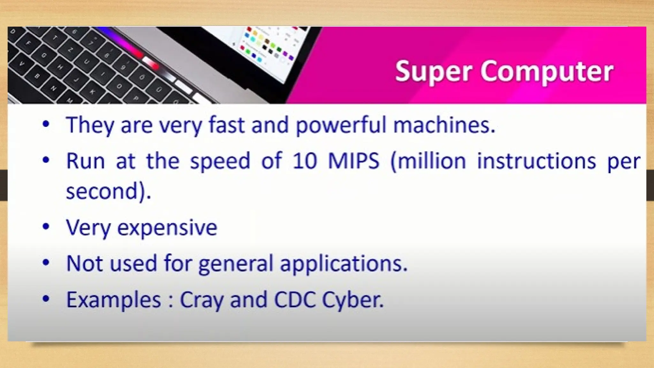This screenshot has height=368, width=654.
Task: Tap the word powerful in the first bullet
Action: pyautogui.click(x=341, y=125)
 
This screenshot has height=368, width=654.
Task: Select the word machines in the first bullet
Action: pyautogui.click(x=444, y=125)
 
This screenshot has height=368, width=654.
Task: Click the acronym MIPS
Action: pyautogui.click(x=354, y=161)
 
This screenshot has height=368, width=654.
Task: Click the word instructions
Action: pyautogui.click(x=536, y=161)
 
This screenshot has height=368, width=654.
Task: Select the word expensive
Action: pyautogui.click(x=167, y=228)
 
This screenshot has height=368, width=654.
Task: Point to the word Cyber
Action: pyautogui.click(x=353, y=300)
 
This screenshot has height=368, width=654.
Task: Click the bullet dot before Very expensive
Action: pyautogui.click(x=46, y=227)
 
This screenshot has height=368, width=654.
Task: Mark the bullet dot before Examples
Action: pyautogui.click(x=46, y=299)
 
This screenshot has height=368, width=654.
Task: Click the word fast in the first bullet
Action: pyautogui.click(x=226, y=125)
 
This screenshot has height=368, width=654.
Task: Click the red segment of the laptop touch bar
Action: pyautogui.click(x=150, y=62)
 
